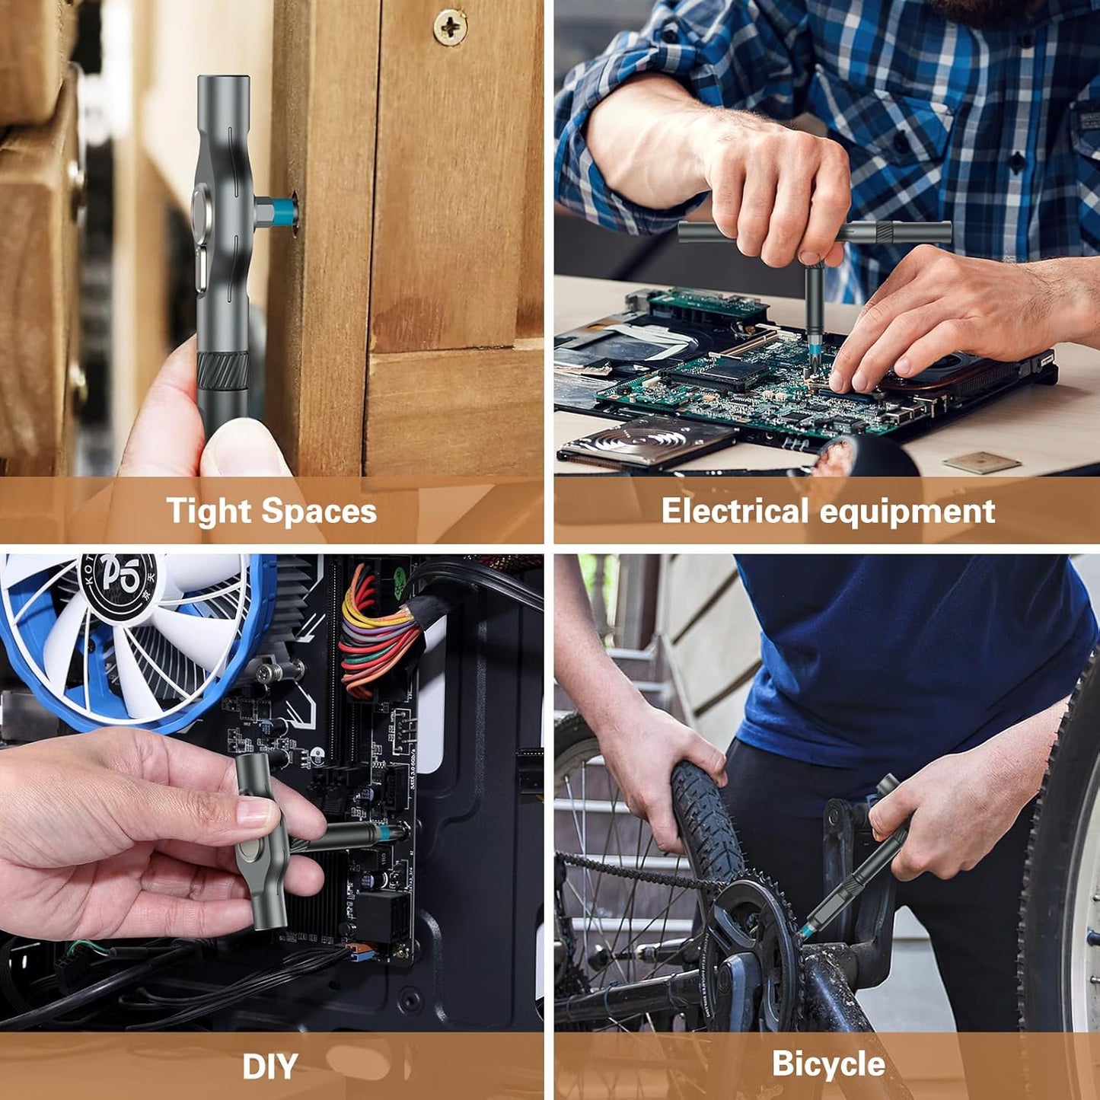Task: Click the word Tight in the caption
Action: [208, 511]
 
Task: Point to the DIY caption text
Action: [269, 1067]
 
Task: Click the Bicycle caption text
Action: [828, 1063]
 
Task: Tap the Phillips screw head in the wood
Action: [450, 27]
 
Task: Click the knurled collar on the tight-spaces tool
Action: [222, 371]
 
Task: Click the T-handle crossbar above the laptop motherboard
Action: [815, 232]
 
